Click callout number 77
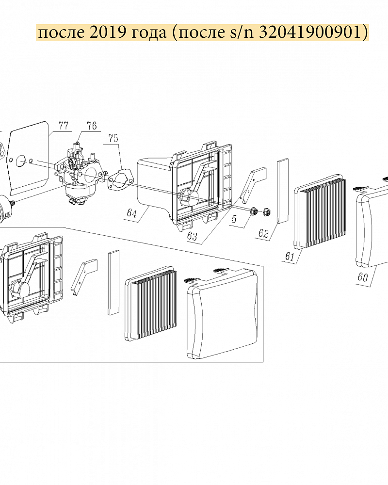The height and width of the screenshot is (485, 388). [x=64, y=126]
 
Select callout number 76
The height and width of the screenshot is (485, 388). [x=92, y=126]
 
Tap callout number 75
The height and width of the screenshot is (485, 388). [x=113, y=138]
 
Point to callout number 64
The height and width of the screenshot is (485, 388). [x=132, y=213]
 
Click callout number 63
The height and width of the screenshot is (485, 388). [x=192, y=236]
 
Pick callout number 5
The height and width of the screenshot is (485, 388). [x=234, y=219]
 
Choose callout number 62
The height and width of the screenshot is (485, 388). [x=263, y=233]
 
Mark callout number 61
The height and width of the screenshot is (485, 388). [x=290, y=257]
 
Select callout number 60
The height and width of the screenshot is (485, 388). [x=363, y=277]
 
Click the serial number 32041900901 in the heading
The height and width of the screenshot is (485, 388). [x=310, y=32]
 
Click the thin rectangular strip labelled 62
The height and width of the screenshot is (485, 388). [x=282, y=191]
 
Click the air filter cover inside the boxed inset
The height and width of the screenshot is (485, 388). [x=222, y=313]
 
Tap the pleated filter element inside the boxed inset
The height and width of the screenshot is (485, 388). [x=151, y=303]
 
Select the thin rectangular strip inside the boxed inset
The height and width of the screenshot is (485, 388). [x=113, y=283]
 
